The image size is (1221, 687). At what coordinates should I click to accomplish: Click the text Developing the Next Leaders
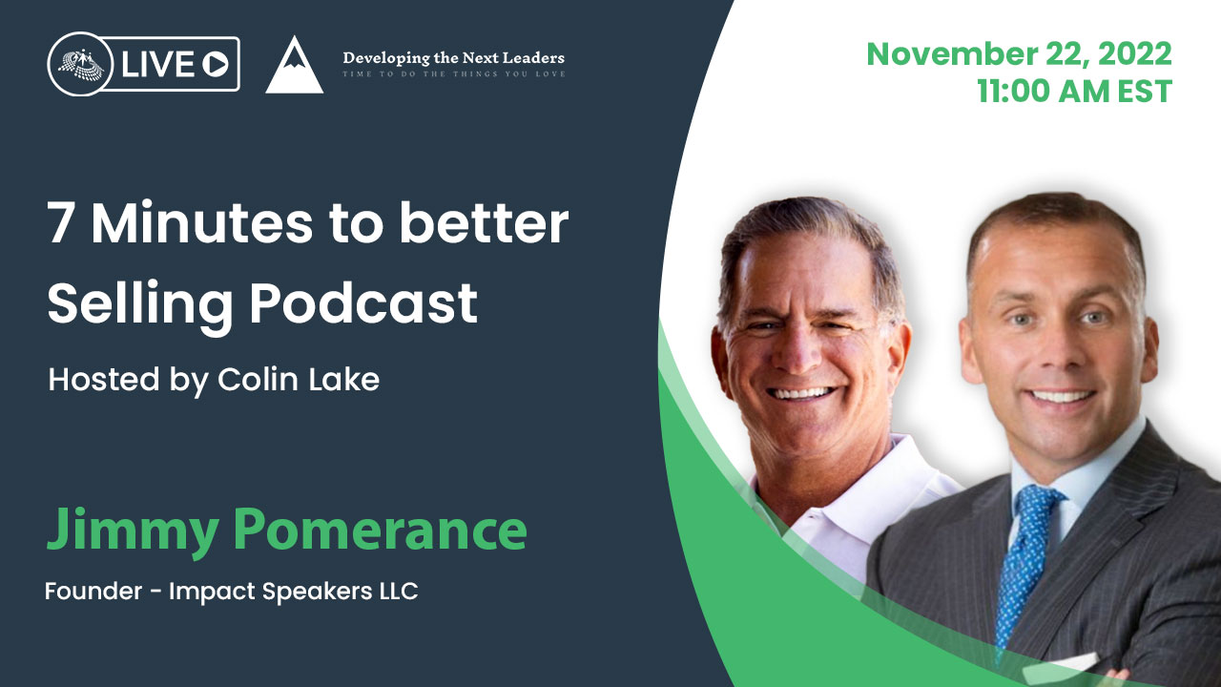453,58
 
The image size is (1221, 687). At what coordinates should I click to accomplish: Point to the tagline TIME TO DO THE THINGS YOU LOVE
453,74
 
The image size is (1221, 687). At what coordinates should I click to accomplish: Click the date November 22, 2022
1019,53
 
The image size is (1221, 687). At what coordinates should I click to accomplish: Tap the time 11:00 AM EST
1074,92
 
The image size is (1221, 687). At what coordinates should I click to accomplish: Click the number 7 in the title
61,225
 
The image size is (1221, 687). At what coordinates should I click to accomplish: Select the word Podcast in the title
364,304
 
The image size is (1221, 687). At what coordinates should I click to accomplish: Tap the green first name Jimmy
135,530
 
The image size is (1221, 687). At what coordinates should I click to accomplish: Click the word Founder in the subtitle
93,592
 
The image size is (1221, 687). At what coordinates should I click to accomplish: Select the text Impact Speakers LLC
293,592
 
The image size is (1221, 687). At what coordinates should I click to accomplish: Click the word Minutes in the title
202,225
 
